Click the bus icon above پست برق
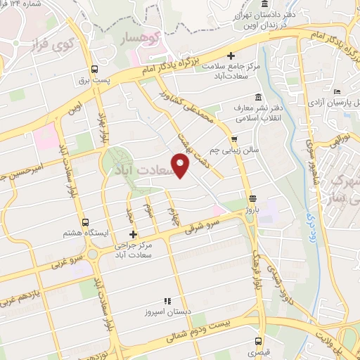95,69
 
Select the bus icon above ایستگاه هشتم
86,222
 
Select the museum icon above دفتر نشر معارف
257,97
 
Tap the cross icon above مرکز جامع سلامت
231,56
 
